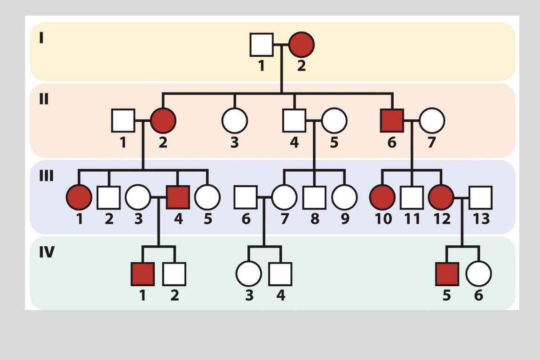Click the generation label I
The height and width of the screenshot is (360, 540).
(41, 38)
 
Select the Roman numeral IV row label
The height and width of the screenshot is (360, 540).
(47, 252)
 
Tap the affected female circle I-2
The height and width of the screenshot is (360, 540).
(301, 45)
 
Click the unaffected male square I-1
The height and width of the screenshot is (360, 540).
(262, 45)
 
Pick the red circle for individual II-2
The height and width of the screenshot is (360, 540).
(163, 121)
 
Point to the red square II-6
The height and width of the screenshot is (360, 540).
(392, 121)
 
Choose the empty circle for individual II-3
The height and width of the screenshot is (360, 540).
(235, 121)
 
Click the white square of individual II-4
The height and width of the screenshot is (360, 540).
(294, 121)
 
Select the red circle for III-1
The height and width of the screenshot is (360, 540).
(79, 197)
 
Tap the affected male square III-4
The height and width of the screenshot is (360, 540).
(178, 197)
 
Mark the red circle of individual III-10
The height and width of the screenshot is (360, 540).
(382, 197)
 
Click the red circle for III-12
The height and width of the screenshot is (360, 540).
(441, 197)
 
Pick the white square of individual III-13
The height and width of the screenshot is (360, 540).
(480, 197)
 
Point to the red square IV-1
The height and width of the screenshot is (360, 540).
(143, 274)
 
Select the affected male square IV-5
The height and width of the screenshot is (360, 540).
(447, 274)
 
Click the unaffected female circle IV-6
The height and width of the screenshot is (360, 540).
(479, 274)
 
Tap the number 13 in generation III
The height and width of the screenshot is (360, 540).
(481, 219)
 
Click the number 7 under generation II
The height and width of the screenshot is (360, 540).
(431, 142)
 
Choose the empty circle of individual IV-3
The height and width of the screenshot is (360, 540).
(249, 274)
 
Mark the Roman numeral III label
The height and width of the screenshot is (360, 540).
(46, 176)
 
